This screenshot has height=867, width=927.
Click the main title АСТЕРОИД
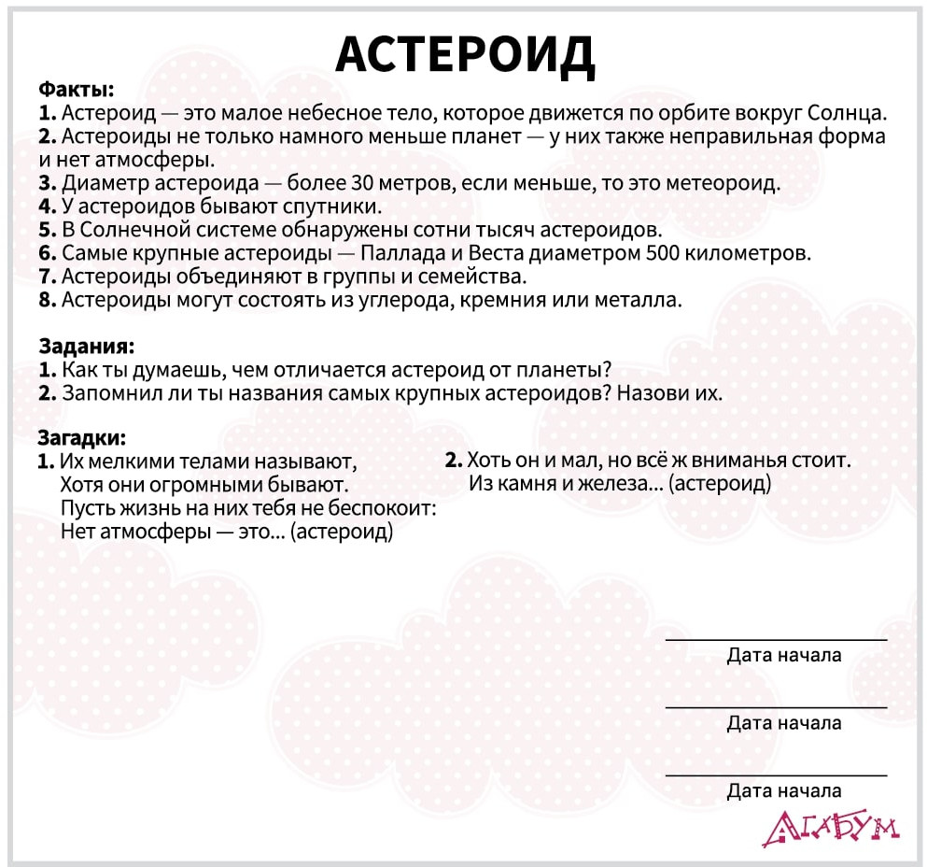coord(464,54)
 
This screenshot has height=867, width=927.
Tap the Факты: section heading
coord(76,91)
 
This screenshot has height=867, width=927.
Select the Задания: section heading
coord(86,346)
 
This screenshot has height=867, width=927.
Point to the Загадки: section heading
coord(81,437)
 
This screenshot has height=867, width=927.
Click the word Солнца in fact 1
coord(844,114)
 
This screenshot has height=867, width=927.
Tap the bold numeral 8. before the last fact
coord(48,300)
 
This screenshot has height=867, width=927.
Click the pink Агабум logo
coord(829,827)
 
